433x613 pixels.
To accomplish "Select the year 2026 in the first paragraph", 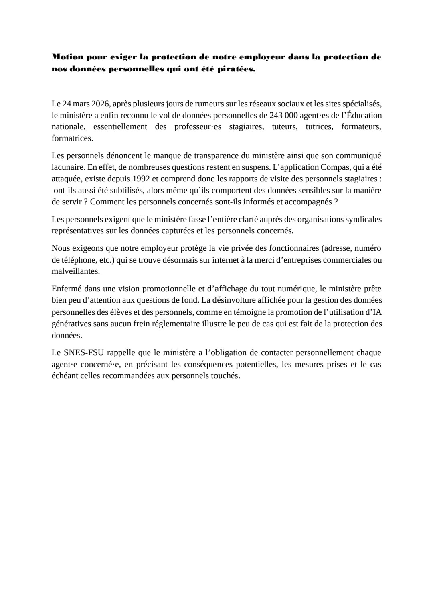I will (100, 104).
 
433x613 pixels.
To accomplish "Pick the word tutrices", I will (319, 127).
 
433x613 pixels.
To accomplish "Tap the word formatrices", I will (72, 138).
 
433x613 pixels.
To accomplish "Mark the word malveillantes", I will (76, 271).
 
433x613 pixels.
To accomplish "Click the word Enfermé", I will (66, 289).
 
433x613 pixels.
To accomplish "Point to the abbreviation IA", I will (376, 312).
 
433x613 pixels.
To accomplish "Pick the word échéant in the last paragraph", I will (65, 376).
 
